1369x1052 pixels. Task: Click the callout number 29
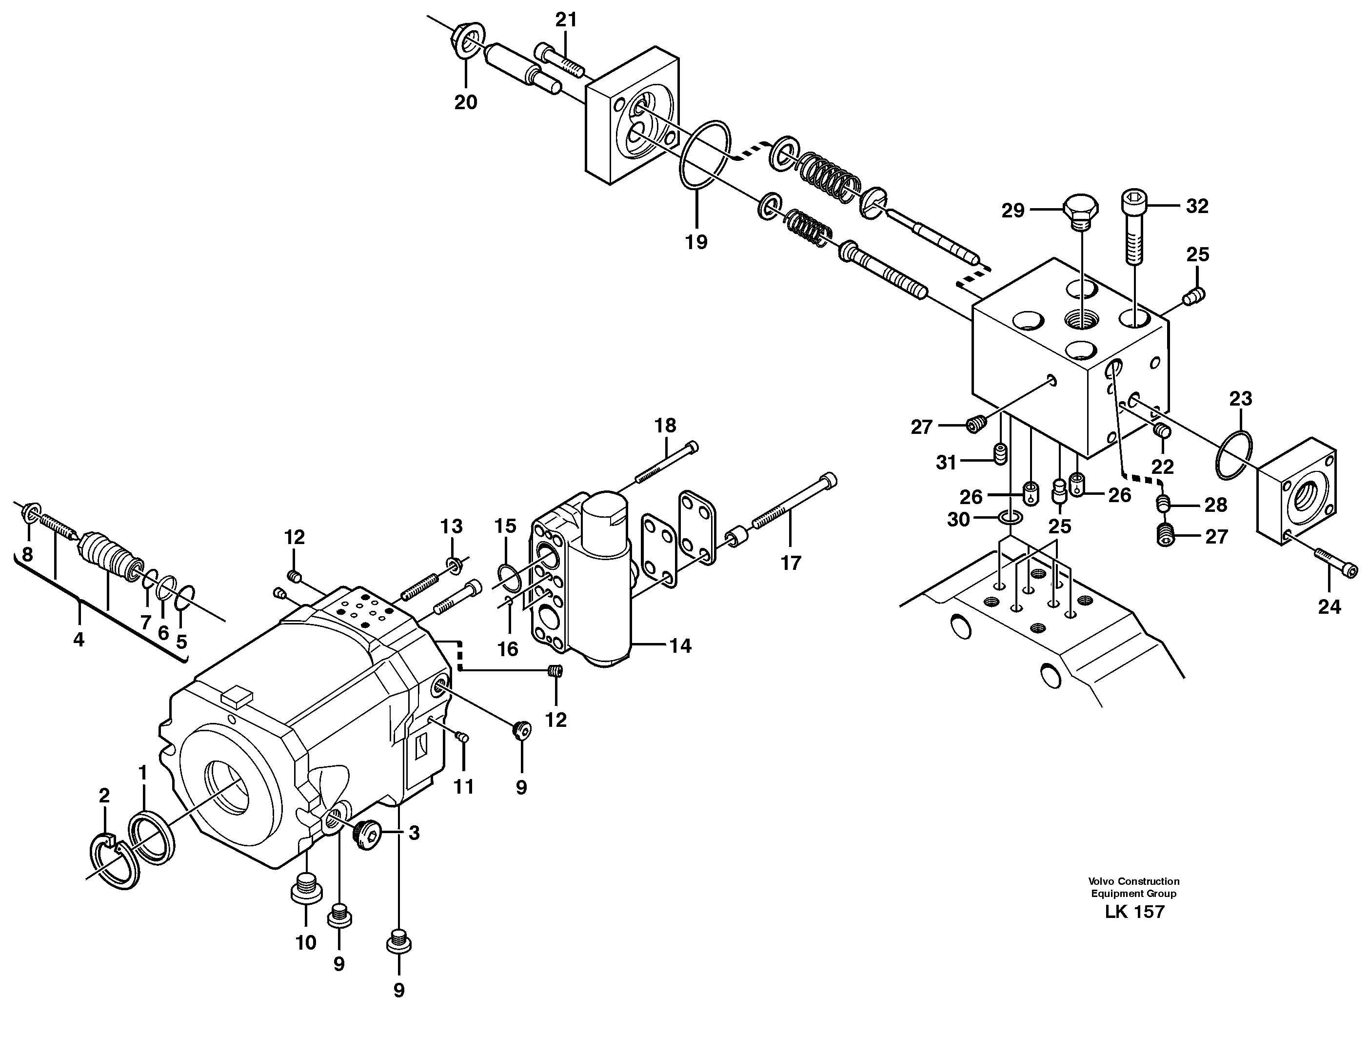tap(1012, 211)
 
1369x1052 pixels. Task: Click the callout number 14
tap(680, 645)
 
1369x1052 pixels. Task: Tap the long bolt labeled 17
tap(793, 508)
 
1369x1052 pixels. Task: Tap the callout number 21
tap(566, 20)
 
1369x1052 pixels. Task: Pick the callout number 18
tap(665, 426)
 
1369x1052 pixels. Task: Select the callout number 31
tap(946, 462)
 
